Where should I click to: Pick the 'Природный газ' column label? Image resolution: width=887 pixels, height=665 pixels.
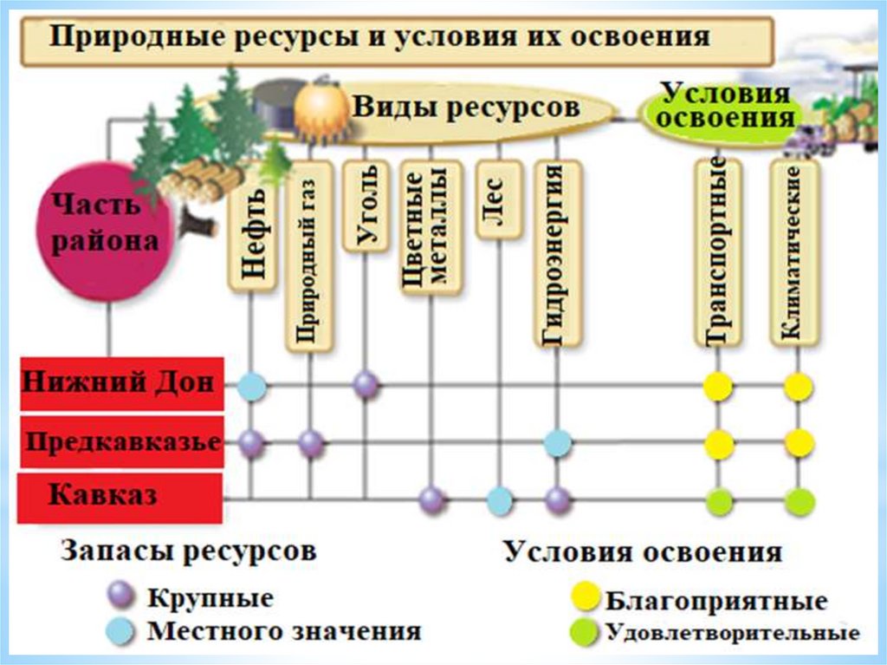pyautogui.click(x=309, y=256)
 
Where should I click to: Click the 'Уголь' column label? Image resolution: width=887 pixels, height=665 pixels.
pyautogui.click(x=366, y=205)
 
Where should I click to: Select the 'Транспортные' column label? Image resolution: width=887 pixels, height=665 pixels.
pyautogui.click(x=717, y=252)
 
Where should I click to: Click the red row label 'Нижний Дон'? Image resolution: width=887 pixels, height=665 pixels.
pyautogui.click(x=121, y=383)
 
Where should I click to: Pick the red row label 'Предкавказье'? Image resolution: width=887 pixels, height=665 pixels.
pyautogui.click(x=121, y=442)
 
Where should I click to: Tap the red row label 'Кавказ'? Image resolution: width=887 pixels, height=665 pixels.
pyautogui.click(x=121, y=498)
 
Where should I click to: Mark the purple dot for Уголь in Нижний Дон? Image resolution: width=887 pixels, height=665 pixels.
pyautogui.click(x=366, y=384)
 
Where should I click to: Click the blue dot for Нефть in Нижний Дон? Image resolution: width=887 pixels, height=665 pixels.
pyautogui.click(x=251, y=385)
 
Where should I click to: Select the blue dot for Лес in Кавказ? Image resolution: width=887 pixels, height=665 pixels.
pyautogui.click(x=499, y=500)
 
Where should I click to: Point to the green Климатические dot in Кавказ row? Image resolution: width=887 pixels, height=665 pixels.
pyautogui.click(x=799, y=501)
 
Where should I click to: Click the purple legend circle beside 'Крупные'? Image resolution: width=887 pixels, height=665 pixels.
pyautogui.click(x=120, y=597)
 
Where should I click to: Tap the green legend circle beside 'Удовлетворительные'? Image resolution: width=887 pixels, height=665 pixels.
pyautogui.click(x=584, y=632)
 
